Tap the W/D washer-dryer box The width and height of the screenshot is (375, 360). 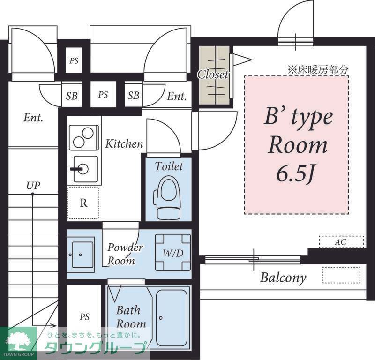point(172,253)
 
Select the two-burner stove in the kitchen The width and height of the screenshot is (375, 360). point(84,137)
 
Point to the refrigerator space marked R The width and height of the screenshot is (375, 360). point(83,203)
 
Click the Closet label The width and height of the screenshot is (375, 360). point(213,74)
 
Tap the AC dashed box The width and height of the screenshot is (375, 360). point(341,242)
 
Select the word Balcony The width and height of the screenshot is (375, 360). point(283,277)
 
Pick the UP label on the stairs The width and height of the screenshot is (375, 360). point(33,185)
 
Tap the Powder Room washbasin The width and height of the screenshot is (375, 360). point(81,254)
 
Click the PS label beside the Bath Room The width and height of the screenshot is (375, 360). point(84,317)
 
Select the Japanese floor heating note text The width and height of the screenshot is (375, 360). point(318,70)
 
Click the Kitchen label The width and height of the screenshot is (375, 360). point(124,143)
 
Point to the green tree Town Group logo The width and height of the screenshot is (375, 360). point(19,339)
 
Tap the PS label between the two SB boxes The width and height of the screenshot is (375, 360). point(103,95)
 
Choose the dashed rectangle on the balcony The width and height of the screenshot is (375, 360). point(344,275)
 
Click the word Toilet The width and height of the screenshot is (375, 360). point(169,166)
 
